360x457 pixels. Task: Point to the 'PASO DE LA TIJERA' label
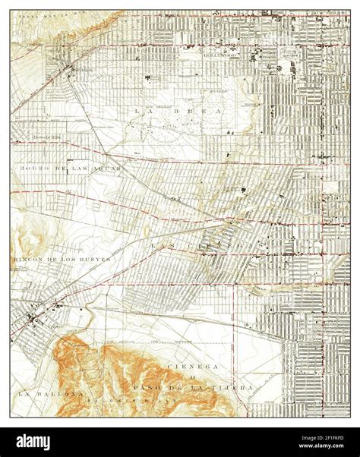pyautogui.click(x=212, y=388)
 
